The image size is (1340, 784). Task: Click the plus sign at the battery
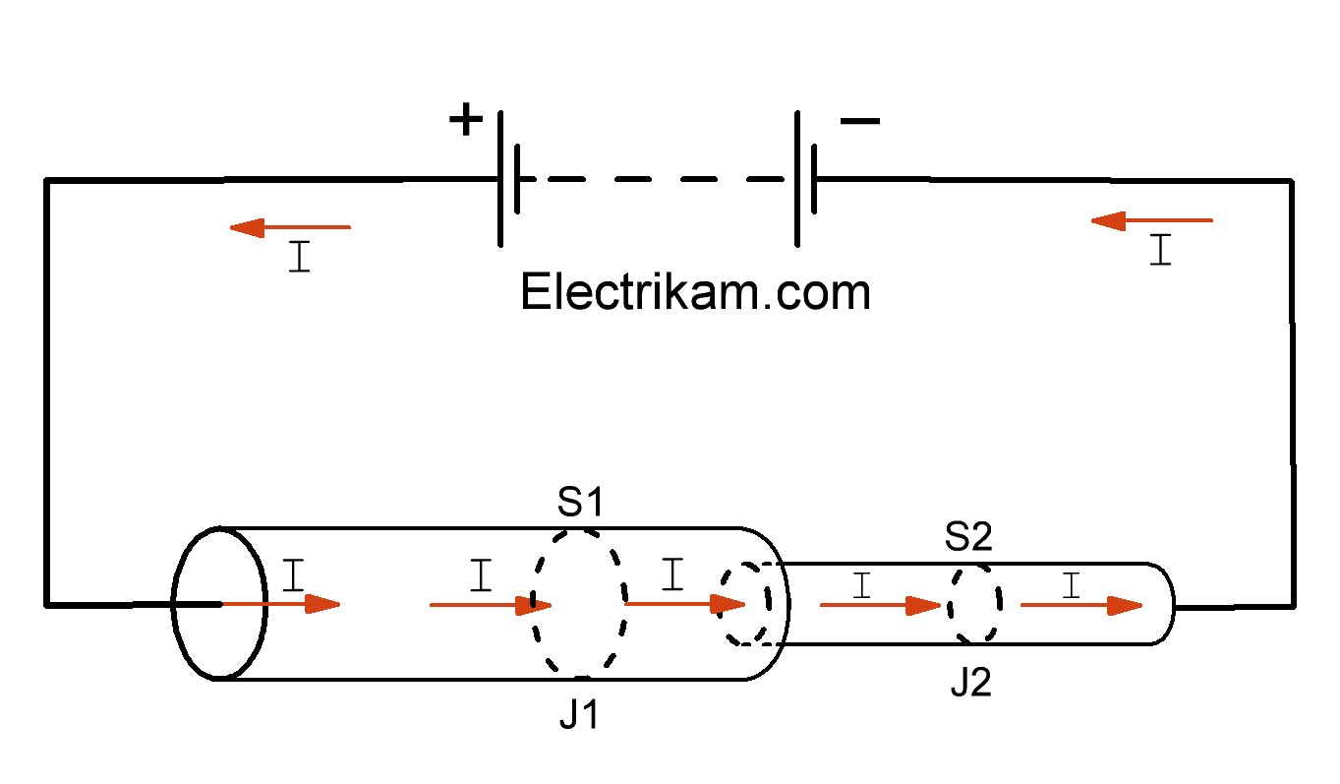coord(466,121)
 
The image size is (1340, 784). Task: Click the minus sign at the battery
coord(860,121)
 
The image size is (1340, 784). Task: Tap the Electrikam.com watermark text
coord(695,292)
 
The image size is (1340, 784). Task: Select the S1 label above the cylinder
coord(579,504)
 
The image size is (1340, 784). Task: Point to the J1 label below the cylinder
coord(579,715)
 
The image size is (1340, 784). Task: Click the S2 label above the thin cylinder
coord(968,537)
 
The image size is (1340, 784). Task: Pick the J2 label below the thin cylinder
coord(970,684)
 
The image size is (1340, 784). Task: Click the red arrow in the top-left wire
coord(290,227)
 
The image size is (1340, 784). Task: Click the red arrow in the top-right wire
coord(1151,221)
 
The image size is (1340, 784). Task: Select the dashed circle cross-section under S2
coord(974,602)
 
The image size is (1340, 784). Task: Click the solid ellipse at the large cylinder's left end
coord(219,603)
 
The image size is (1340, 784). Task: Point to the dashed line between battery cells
coord(653,180)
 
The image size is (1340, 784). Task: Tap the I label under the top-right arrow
coord(1161,250)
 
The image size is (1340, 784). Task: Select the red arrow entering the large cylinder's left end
coord(280,604)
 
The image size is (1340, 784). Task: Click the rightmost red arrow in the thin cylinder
coord(1082,605)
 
